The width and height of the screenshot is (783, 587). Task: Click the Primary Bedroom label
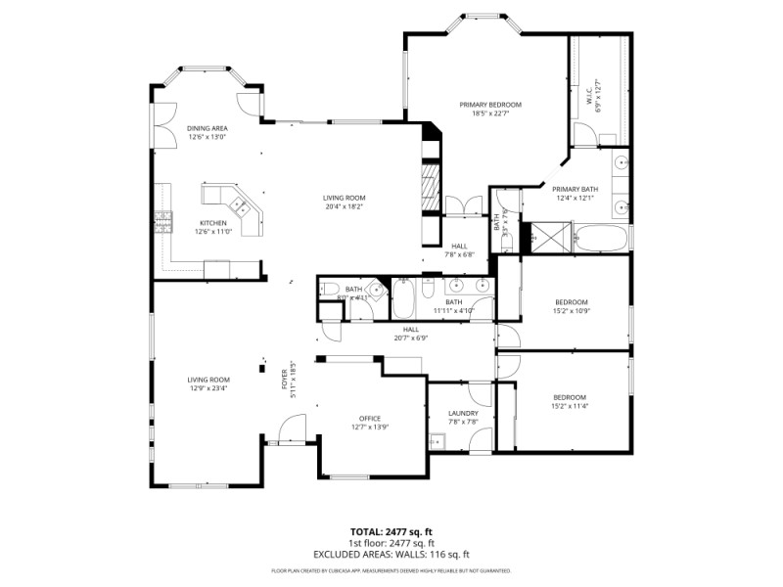490,105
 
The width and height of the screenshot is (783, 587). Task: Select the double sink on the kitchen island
239,206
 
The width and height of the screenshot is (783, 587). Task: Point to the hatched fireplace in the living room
429,184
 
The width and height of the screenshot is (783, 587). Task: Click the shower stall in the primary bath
540,236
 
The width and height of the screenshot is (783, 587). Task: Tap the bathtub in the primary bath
597,236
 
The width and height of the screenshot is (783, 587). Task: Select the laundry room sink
438,441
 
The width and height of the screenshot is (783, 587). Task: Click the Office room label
369,419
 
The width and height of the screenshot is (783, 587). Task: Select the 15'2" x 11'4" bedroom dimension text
570,406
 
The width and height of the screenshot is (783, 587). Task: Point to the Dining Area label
207,129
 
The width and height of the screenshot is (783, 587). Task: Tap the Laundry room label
463,413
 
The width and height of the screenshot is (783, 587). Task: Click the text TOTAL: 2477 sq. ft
391,531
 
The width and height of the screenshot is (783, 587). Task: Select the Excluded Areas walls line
391,554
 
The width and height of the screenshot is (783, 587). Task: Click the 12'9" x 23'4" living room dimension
208,388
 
